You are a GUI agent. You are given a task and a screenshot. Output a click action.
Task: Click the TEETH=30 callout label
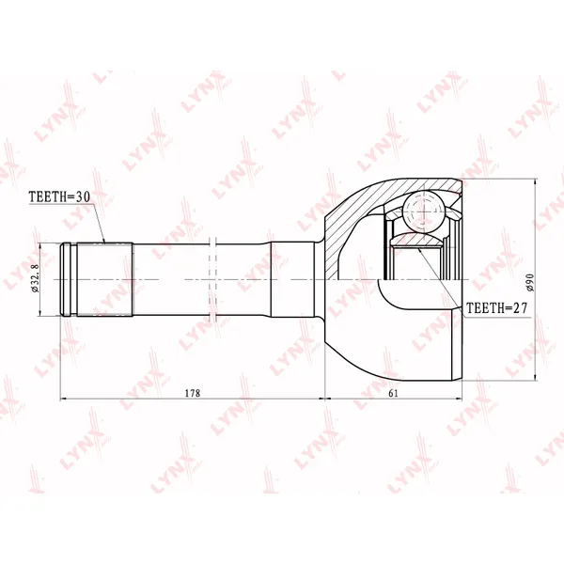(x=59, y=196)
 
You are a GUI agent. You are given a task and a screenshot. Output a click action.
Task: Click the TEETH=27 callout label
(x=496, y=308)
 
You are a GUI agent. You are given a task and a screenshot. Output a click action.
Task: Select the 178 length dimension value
(x=193, y=393)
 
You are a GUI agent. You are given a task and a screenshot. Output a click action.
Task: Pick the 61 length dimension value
(x=394, y=393)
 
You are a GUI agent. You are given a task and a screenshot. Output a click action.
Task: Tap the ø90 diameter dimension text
(x=530, y=282)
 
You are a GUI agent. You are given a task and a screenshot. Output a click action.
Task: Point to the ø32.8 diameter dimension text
(x=35, y=278)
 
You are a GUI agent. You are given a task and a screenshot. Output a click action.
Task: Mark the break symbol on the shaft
(x=213, y=280)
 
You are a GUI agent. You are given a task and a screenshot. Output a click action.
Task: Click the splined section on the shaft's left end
(x=104, y=280)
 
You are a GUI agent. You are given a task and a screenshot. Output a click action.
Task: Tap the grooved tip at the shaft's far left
(x=69, y=280)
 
